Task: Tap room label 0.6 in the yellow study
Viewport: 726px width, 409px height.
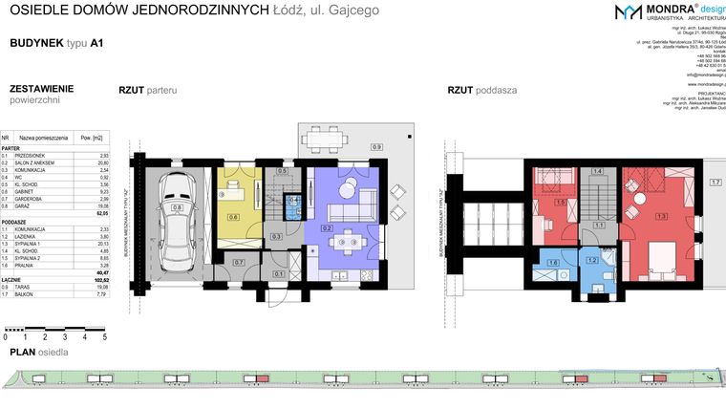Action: [233, 217]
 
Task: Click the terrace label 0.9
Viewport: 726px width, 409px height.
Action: [376, 147]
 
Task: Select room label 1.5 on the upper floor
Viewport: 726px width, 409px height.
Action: [559, 202]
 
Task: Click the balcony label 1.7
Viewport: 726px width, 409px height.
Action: [714, 182]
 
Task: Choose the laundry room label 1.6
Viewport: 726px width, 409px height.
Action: [552, 264]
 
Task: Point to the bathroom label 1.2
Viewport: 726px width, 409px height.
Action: [591, 260]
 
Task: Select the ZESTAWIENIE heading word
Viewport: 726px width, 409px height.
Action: [41, 88]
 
